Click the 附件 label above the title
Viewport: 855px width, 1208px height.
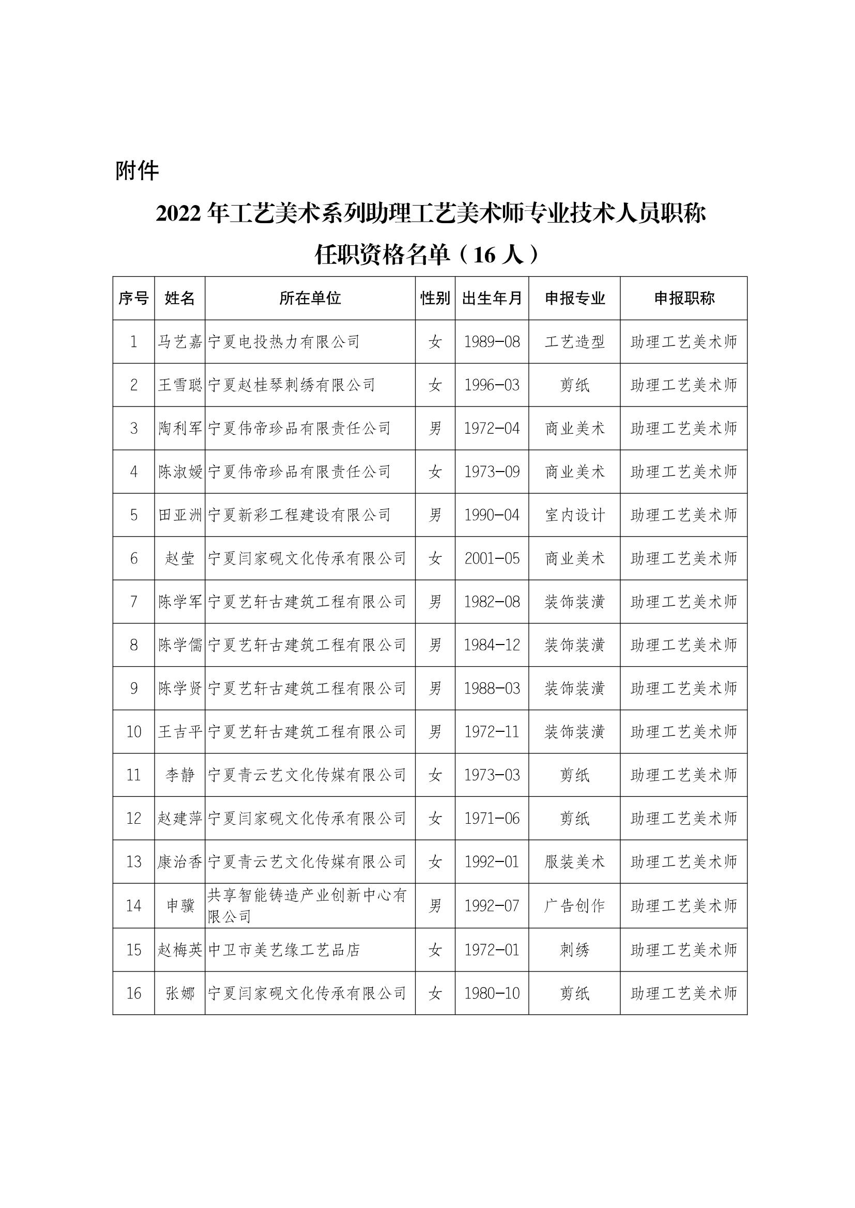click(x=137, y=171)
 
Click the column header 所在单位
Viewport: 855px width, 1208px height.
click(x=310, y=299)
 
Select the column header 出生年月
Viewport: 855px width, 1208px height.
click(x=492, y=299)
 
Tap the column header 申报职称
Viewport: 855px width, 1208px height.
click(x=684, y=299)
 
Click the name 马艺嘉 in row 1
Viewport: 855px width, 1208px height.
click(x=180, y=342)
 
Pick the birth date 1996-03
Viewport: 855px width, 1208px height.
click(x=492, y=385)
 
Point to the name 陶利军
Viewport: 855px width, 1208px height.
click(x=180, y=428)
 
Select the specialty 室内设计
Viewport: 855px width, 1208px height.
click(x=574, y=515)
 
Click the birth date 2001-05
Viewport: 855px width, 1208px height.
click(x=492, y=558)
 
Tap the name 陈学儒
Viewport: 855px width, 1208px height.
click(x=180, y=645)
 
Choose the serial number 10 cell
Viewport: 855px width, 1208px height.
click(x=134, y=731)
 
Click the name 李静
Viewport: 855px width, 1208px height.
click(x=180, y=775)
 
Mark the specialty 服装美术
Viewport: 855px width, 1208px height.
click(x=574, y=862)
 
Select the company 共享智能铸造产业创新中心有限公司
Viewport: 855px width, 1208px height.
click(x=308, y=905)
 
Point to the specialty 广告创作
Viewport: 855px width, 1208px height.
click(x=574, y=905)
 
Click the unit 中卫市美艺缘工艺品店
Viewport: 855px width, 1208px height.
click(x=284, y=950)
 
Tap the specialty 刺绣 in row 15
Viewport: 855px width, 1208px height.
click(x=574, y=950)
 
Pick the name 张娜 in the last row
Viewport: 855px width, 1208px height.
click(x=180, y=993)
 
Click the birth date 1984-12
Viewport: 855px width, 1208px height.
click(x=492, y=645)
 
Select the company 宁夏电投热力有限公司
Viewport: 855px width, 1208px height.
click(x=284, y=342)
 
